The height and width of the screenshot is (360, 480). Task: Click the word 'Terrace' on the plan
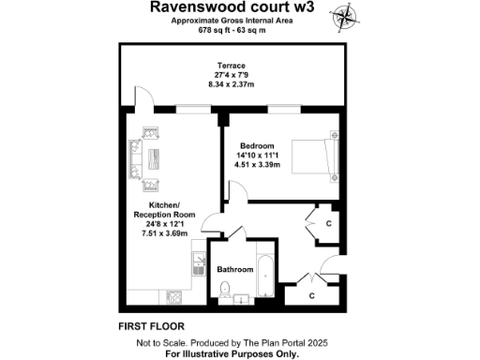tap(224, 65)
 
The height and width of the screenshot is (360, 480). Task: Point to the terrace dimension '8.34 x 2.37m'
tap(224, 83)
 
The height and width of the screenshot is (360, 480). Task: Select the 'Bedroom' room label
tap(257, 146)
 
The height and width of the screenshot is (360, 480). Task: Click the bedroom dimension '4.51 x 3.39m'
tap(257, 165)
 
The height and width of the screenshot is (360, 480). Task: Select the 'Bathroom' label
tap(234, 270)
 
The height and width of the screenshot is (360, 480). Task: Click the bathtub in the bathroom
tap(264, 276)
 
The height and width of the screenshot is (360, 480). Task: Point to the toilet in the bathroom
tap(225, 291)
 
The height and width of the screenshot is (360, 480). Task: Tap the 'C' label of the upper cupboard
tap(328, 225)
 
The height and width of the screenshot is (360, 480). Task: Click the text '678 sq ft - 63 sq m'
tap(232, 30)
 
